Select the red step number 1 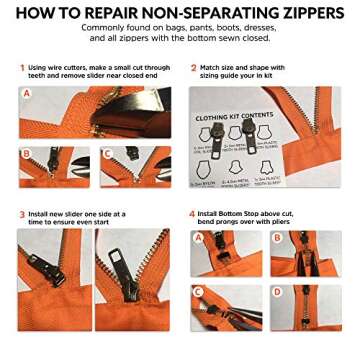click(x=21, y=67)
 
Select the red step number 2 click(x=192, y=67)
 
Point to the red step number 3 click(x=21, y=213)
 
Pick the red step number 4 click(x=192, y=213)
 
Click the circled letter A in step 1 click(x=26, y=93)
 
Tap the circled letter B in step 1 click(x=26, y=153)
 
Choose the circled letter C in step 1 click(x=105, y=153)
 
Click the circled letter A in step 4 click(x=198, y=238)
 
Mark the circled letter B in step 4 click(x=277, y=238)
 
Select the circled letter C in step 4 click(x=198, y=291)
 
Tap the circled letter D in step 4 click(x=277, y=291)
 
